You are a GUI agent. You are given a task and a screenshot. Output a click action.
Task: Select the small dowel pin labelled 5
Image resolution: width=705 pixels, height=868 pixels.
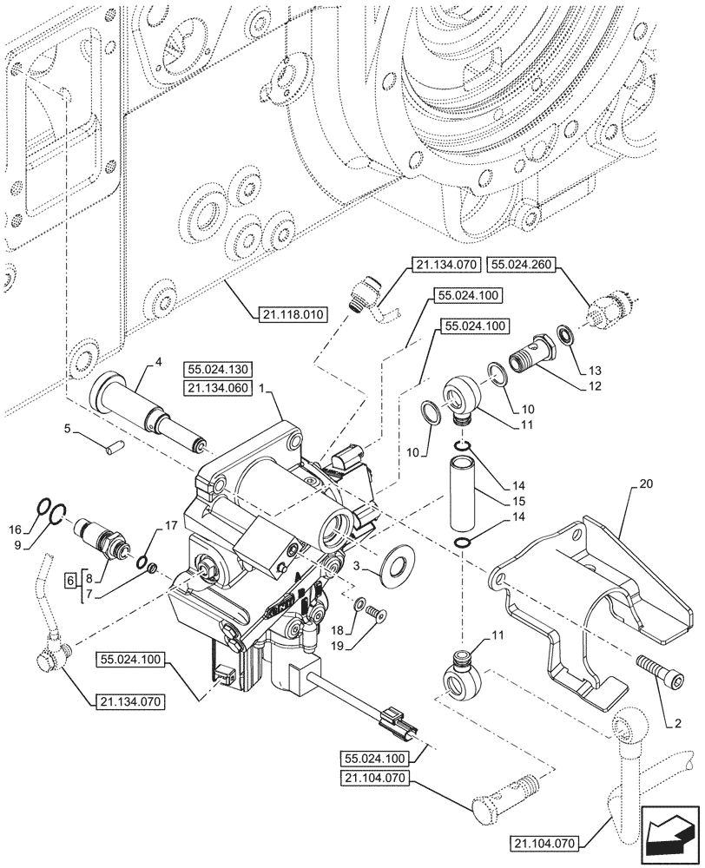[x=114, y=446]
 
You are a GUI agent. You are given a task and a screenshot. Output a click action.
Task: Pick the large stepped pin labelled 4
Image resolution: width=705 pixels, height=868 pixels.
[x=148, y=411]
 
